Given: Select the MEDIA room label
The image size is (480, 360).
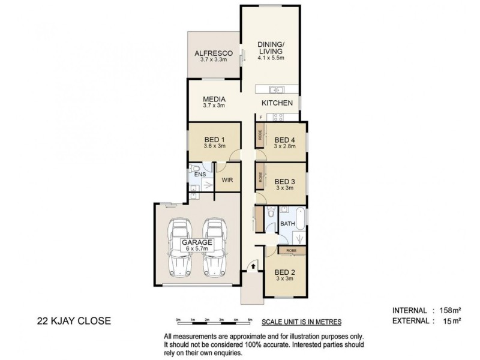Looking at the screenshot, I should click(213, 99).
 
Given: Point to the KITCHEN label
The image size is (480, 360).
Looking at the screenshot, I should click(277, 103).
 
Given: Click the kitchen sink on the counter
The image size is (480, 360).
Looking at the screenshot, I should click(277, 90).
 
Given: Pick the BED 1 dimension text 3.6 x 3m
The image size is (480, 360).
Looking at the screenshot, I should click(214, 146).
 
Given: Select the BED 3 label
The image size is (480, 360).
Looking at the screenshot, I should click(284, 181).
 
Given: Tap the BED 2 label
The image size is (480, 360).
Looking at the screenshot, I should click(284, 271).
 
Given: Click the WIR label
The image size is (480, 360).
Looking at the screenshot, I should click(227, 179).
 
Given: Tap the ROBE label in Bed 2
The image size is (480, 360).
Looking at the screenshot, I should click(291, 250).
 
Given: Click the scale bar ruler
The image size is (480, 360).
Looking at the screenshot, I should click(214, 319).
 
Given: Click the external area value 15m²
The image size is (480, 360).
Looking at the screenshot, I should click(451, 321).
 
